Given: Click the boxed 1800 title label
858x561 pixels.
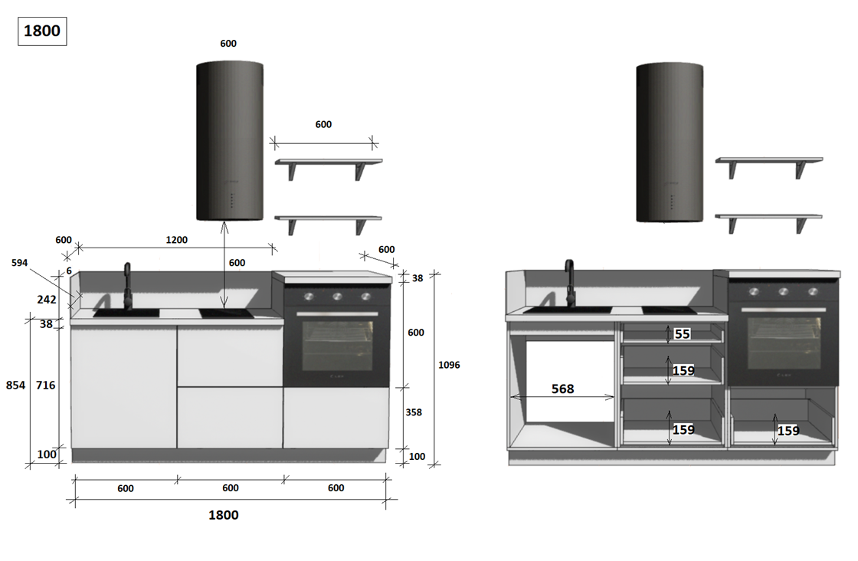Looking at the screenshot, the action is [42, 31].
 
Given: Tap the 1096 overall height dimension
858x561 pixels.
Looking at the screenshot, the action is [449, 365].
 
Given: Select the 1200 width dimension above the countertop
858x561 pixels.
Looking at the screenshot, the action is [177, 240].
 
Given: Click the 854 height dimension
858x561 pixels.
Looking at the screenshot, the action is [15, 385].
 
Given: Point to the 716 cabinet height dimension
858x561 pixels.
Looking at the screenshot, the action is [45, 385].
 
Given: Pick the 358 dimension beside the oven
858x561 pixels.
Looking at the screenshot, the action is [414, 412].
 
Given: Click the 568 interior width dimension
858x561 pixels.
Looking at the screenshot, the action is [562, 389].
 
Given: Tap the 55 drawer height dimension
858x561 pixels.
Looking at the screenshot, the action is [682, 334].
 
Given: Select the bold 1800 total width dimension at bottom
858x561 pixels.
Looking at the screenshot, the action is [223, 515].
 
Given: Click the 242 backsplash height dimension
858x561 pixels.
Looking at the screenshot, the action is [47, 300].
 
